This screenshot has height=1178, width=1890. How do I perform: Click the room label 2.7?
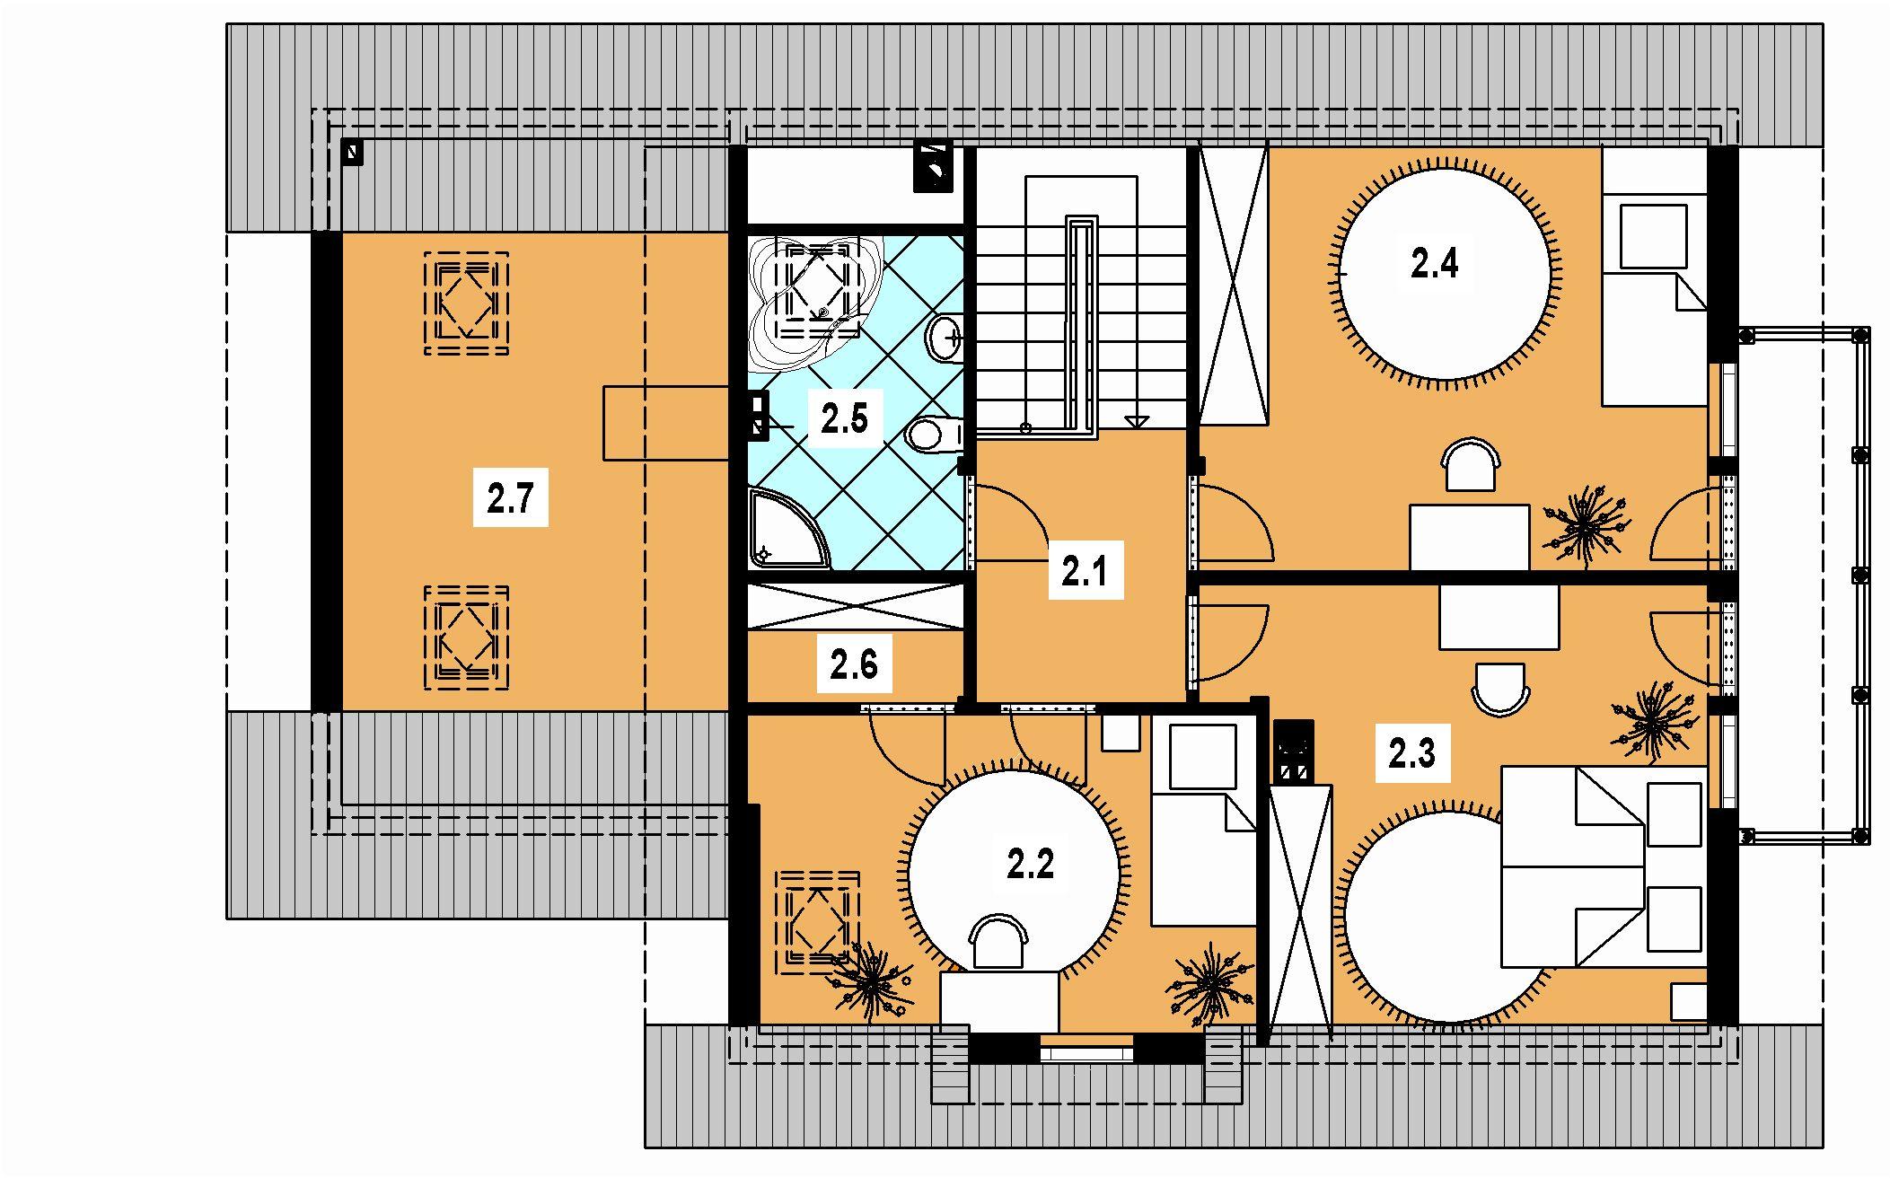(510, 498)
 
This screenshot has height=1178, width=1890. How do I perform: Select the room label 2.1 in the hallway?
(1085, 572)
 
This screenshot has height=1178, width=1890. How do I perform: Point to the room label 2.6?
(854, 665)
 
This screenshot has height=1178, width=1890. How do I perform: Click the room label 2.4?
(1434, 264)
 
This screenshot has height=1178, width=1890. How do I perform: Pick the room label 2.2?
(1030, 866)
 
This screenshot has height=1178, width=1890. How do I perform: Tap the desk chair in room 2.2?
(998, 942)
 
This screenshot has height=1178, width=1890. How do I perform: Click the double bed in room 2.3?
(1604, 866)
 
